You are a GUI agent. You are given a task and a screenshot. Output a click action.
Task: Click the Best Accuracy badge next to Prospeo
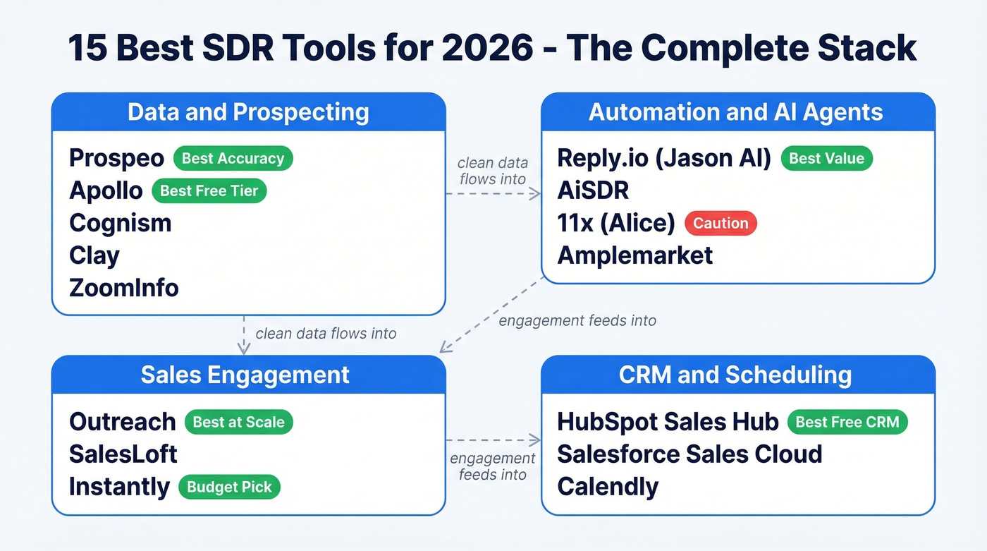(233, 158)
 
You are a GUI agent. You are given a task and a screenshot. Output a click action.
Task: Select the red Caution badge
(721, 223)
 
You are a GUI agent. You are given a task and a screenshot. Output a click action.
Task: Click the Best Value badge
(826, 158)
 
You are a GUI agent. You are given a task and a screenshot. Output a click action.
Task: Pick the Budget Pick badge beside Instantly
(229, 487)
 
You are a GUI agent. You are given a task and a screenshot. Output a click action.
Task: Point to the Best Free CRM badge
(847, 422)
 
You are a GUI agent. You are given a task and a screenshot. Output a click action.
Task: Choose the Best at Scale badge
(238, 422)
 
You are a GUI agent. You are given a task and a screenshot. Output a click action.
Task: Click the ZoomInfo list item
(124, 288)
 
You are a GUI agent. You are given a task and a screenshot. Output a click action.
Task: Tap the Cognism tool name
(121, 223)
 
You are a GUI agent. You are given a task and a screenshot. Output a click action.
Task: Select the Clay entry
(94, 255)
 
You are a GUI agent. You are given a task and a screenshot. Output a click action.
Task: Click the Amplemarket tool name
(635, 255)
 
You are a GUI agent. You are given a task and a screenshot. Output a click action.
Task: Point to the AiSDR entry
(593, 190)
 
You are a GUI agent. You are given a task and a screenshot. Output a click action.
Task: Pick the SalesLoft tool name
(123, 454)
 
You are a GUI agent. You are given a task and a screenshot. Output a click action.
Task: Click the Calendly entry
(608, 487)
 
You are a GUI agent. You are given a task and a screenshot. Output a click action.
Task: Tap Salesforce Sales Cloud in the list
(689, 454)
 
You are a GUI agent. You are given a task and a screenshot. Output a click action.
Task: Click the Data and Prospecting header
(248, 112)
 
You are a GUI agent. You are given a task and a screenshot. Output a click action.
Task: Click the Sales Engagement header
(245, 375)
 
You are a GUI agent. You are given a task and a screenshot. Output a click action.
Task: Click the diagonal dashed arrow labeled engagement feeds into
(493, 313)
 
